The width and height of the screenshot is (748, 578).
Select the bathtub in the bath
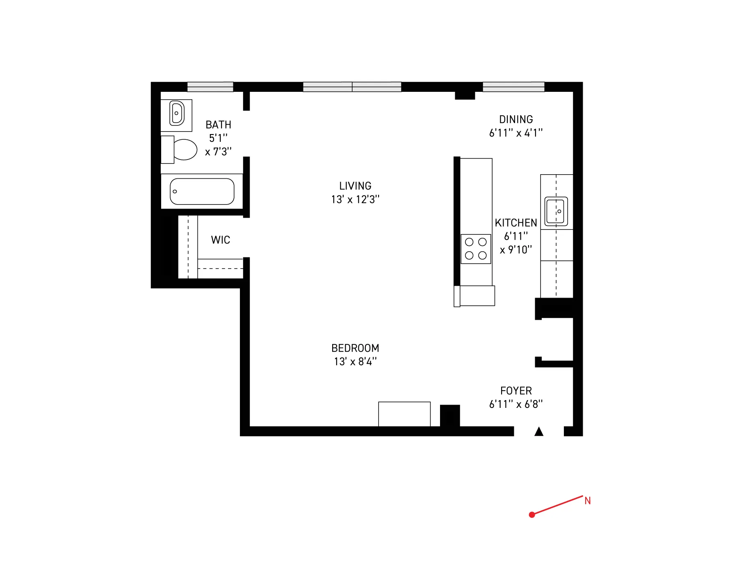point(202,191)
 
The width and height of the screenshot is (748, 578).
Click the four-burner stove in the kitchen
point(476,249)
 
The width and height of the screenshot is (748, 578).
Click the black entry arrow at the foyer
point(539,432)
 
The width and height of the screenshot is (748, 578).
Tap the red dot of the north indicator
point(532,514)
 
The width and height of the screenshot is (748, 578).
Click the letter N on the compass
point(587,501)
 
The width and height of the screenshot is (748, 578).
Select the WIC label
point(220,240)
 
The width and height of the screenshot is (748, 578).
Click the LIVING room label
point(355,186)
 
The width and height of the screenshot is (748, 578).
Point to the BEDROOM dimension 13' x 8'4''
point(355,362)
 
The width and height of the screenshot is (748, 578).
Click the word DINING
point(515,120)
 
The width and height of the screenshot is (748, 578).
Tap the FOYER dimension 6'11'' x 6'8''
point(515,404)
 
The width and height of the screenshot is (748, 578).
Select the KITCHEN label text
point(515,223)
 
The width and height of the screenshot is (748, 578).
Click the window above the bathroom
point(210,87)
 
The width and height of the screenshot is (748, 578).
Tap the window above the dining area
point(513,87)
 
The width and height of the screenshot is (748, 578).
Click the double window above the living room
point(352,87)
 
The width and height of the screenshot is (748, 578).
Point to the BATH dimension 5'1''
point(218,138)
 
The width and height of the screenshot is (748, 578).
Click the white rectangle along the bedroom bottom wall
point(404,414)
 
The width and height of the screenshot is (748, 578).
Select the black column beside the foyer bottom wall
point(450,416)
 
